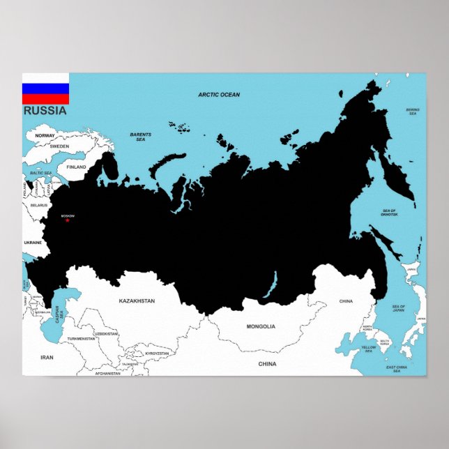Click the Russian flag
[x=45, y=89]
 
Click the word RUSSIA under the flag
[x=45, y=110]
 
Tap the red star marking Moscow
[x=68, y=220]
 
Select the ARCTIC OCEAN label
[x=219, y=95]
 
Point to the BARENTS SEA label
[x=140, y=137]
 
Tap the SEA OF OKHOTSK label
[x=389, y=213]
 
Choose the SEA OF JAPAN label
[x=399, y=309]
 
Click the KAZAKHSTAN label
[x=137, y=300]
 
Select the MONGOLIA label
[x=261, y=326]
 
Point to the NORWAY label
[x=45, y=135]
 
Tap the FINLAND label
[x=76, y=167]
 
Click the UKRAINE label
[x=33, y=243]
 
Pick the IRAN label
[x=47, y=357]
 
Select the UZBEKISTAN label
[x=106, y=334]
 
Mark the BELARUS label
[x=38, y=205]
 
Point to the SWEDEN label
[x=59, y=146]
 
